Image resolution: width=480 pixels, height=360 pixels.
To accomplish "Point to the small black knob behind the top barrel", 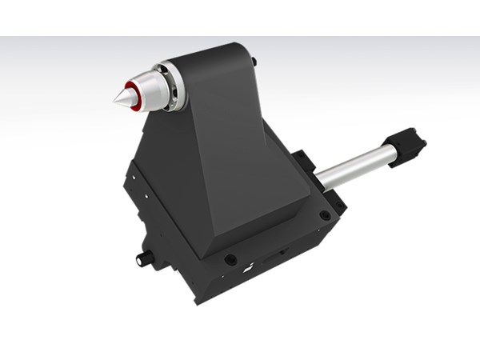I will pyautogui.click(x=254, y=61).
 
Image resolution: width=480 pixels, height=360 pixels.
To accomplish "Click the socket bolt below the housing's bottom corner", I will pyautogui.click(x=230, y=260).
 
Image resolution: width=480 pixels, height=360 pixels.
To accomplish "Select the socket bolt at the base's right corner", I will pyautogui.click(x=324, y=215).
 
